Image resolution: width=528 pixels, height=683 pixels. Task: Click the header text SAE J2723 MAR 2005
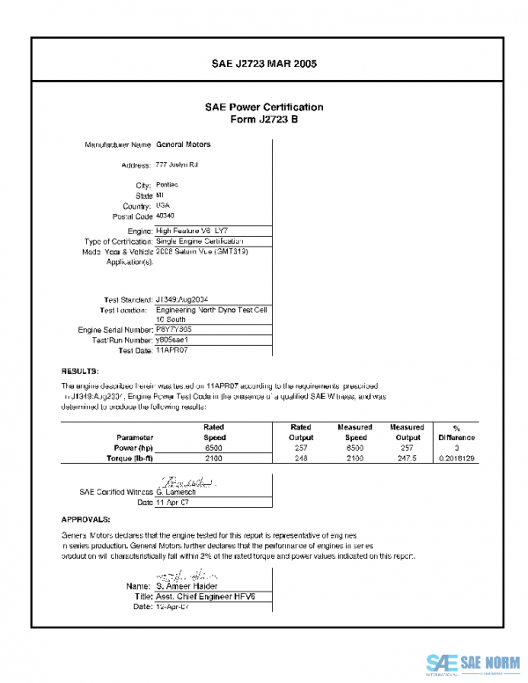click(264, 64)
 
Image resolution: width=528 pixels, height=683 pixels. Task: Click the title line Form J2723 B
click(264, 119)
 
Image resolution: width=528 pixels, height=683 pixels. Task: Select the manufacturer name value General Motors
click(183, 143)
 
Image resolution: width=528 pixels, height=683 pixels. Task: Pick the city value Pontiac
click(167, 186)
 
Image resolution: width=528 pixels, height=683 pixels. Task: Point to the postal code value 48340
click(165, 215)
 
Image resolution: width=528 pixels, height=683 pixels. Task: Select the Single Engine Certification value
click(199, 240)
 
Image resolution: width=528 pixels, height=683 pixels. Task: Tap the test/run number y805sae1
click(173, 339)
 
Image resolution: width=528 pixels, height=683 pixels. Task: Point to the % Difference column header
click(456, 432)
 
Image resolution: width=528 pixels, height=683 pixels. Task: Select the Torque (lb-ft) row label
click(128, 459)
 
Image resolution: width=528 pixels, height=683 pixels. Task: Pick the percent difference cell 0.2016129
click(456, 459)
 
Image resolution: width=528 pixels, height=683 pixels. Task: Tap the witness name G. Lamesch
click(176, 492)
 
